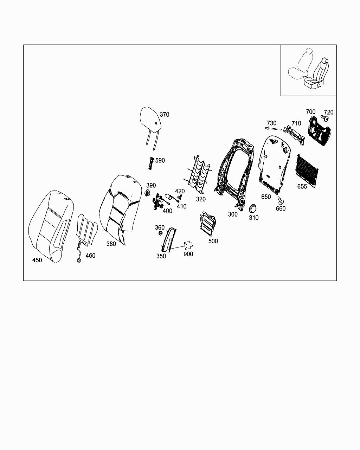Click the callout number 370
click(x=164, y=115)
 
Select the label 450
click(x=37, y=260)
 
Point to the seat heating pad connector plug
click(x=78, y=261)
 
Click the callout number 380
click(x=111, y=244)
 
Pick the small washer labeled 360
click(x=160, y=234)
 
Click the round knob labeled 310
click(x=252, y=208)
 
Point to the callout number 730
click(x=271, y=123)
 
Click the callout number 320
click(x=200, y=199)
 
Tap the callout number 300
click(x=233, y=214)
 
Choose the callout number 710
click(x=296, y=123)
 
